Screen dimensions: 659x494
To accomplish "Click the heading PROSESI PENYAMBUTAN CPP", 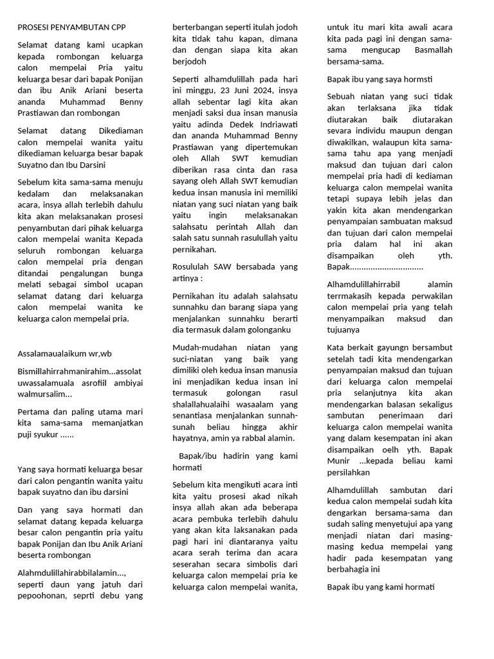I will pos(71,28).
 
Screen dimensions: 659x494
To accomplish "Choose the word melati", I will pos(29,284).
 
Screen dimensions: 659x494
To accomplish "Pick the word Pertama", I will pos(35,412).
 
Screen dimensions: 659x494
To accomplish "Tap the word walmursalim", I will pos(43,394).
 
